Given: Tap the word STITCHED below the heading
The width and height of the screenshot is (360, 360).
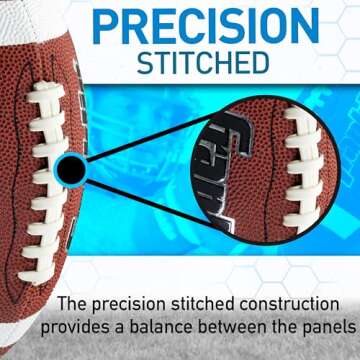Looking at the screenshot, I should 203,63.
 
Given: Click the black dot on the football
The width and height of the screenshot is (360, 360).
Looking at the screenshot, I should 70,170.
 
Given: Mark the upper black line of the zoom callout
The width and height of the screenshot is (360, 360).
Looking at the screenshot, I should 150,130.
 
